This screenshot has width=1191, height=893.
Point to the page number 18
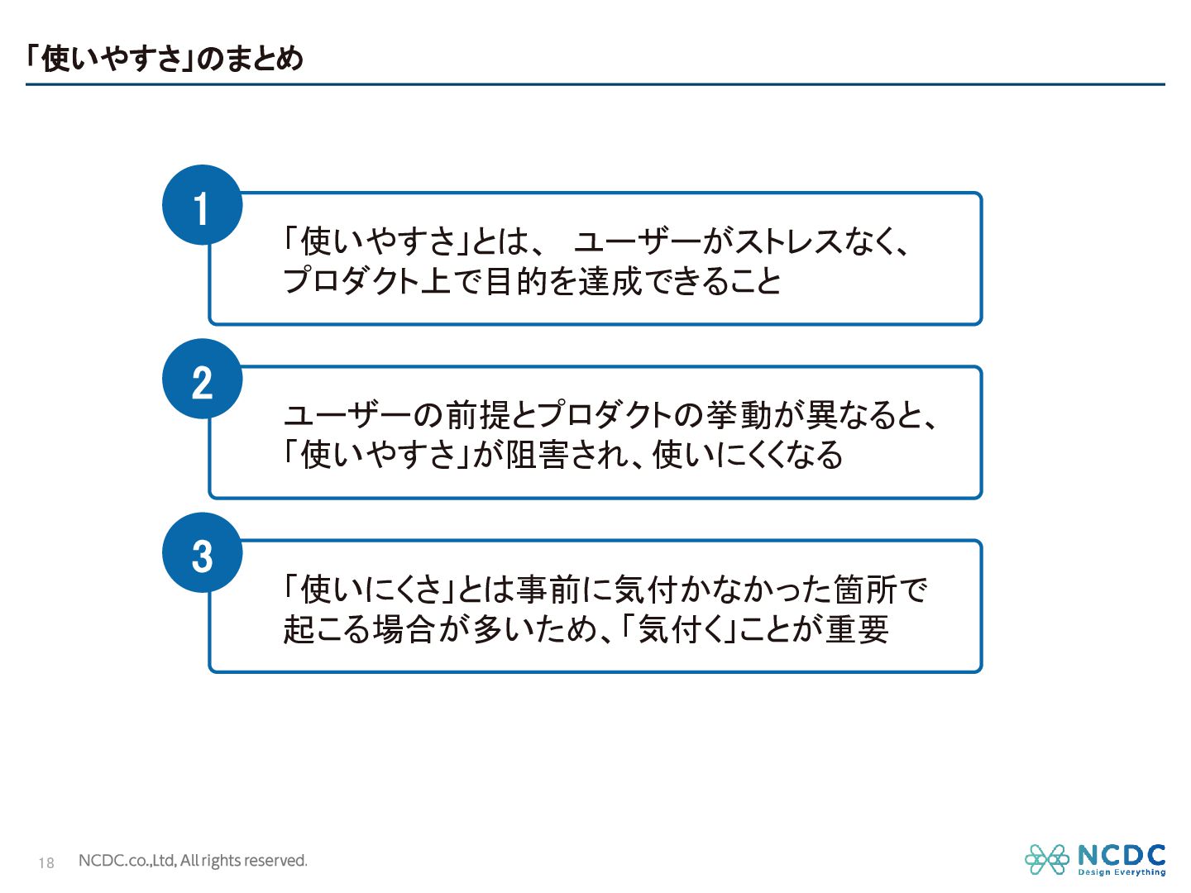point(46,862)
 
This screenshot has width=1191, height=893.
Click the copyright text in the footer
point(193,861)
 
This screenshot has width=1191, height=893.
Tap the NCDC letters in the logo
point(1122,855)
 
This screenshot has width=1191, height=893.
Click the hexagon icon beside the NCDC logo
point(1046,860)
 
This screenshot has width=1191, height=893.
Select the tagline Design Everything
point(1122,872)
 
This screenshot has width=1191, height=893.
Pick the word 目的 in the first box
point(515,282)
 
